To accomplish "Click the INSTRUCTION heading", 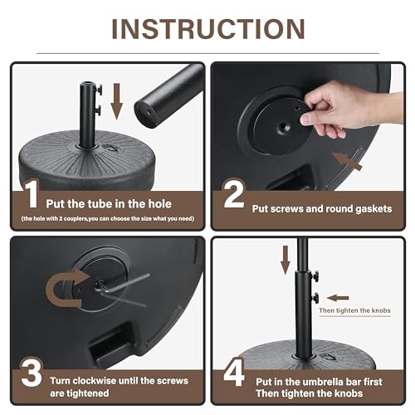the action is pos(208,29).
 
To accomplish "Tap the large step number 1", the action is pos(32,193).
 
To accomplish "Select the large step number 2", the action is pos(234,193).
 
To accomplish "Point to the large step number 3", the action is pos(32,373).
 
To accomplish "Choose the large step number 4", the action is pos(234,372).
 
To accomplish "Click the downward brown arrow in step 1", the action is pos(117,101).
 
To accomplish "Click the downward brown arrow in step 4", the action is pos(286,260).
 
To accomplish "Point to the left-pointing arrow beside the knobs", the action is pos(338,298).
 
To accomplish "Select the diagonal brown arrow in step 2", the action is pos(347,161).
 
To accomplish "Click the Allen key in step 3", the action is pos(123,285).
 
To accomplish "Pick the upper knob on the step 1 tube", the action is pos(99,90).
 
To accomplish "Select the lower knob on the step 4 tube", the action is pos(315,298).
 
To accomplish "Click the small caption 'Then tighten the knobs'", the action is pos(354,310).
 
